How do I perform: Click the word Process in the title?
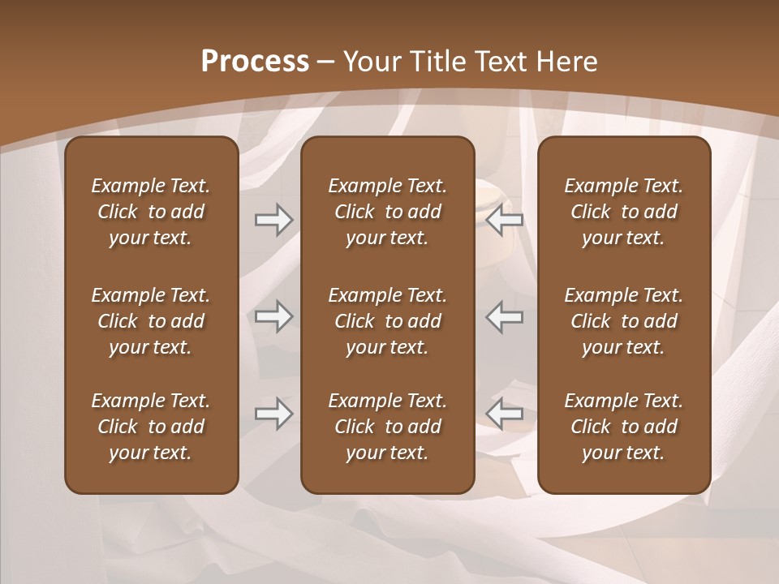coord(255,62)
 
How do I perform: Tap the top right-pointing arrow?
coord(273,220)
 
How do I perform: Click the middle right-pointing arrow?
coord(273,316)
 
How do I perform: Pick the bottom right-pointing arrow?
coord(273,414)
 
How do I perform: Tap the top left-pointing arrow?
coord(505,220)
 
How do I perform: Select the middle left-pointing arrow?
coord(505,316)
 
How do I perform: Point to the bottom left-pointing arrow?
coord(505,414)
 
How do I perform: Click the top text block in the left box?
coord(151,212)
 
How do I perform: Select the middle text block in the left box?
coord(151,321)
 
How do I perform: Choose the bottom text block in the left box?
coord(151,427)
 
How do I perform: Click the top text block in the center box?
coord(387,212)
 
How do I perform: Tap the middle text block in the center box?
coord(387,321)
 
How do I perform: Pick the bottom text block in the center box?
coord(387,427)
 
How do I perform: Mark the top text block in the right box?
coord(623,212)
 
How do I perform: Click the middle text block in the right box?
coord(623,321)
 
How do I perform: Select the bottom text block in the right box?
coord(623,427)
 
